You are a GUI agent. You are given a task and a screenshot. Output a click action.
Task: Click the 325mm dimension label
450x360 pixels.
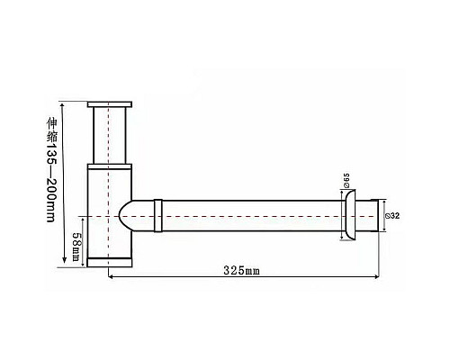[241, 271]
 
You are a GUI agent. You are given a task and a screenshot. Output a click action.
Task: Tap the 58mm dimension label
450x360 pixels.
[76, 242]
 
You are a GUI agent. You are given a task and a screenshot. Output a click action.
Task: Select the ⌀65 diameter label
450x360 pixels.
[346, 180]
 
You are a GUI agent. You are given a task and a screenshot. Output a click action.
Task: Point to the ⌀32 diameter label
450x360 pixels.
[392, 216]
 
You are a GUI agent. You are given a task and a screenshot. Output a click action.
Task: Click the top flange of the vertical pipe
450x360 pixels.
[110, 104]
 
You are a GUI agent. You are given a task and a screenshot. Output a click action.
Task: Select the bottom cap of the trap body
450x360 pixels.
[110, 262]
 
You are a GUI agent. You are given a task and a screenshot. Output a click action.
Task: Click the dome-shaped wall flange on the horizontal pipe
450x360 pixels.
[349, 215]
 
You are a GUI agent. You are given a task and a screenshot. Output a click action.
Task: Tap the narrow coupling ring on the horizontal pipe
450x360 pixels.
[158, 215]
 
